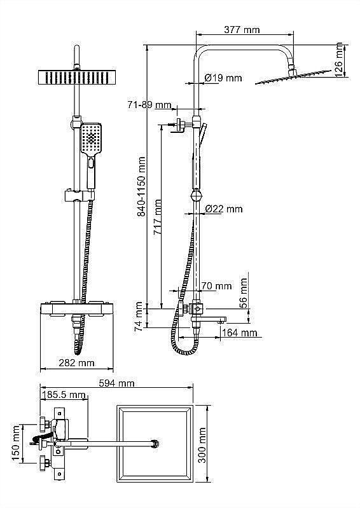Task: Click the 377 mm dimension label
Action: [x=242, y=29]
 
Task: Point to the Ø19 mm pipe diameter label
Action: [x=223, y=78]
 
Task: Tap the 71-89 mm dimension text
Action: [x=149, y=104]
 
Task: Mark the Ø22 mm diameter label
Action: [x=223, y=209]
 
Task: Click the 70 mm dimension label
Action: [x=216, y=286]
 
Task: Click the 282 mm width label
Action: [x=76, y=363]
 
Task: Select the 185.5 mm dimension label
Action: [x=64, y=395]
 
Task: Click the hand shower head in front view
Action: [x=91, y=137]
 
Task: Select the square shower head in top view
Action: [x=155, y=441]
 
